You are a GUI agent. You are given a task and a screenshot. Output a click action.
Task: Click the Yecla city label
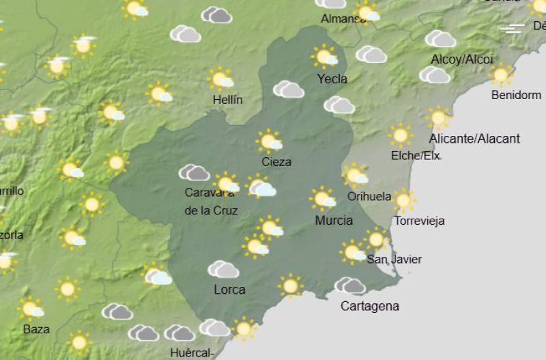click(x=332, y=79)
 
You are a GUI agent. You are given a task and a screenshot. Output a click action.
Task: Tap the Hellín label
click(x=227, y=100)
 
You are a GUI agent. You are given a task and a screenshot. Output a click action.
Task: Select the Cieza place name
click(x=276, y=162)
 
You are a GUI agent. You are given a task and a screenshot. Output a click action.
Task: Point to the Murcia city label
click(x=334, y=220)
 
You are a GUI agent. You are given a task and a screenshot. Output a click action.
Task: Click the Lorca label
click(x=229, y=290)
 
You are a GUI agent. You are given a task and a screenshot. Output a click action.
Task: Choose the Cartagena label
click(x=369, y=306)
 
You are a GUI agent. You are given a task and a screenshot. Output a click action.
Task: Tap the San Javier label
click(x=394, y=259)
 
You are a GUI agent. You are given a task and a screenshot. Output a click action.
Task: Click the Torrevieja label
click(x=420, y=221)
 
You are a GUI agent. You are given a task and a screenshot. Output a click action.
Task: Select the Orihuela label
click(x=369, y=197)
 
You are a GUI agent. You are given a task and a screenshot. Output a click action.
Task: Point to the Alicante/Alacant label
click(x=474, y=139)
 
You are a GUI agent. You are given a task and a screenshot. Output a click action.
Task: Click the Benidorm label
click(x=516, y=95)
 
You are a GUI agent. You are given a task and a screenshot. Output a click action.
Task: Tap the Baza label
click(x=36, y=329)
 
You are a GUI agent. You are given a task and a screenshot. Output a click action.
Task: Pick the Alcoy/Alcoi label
click(x=461, y=59)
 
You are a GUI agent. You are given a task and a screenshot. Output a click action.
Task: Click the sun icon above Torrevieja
click(x=403, y=200)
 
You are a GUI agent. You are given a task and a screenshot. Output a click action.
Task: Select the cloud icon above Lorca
click(x=223, y=269)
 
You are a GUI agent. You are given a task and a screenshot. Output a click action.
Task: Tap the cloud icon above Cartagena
click(x=349, y=285)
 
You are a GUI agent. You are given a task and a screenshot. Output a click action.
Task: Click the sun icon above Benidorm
click(x=502, y=74)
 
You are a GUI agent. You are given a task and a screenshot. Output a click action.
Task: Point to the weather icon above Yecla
click(x=325, y=56)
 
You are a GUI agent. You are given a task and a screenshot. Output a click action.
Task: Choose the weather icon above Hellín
click(x=221, y=79)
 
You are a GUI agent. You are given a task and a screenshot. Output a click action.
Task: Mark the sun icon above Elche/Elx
click(x=401, y=135)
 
